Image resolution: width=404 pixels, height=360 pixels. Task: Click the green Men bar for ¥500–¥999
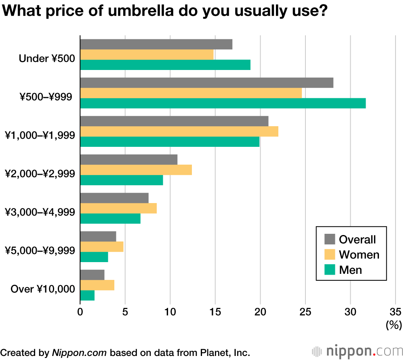point(223,103)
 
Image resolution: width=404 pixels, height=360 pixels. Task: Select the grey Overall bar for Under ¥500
point(156,44)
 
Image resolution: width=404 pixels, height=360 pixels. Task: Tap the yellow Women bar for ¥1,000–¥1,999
point(179,131)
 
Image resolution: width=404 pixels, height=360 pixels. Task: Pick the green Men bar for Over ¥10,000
point(87,296)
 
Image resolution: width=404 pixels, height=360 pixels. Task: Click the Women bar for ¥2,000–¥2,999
point(136,170)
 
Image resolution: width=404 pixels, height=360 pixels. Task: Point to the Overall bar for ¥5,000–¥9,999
point(98,236)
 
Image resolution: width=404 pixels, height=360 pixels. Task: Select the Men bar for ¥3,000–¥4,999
point(110,218)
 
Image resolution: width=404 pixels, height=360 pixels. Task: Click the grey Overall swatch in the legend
point(330,239)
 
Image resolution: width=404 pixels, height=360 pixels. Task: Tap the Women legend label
point(359,254)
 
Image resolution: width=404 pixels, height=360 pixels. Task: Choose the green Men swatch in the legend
point(330,269)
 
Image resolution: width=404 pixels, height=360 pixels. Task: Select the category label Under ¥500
point(46,59)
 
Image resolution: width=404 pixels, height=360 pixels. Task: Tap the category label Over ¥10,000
point(42,289)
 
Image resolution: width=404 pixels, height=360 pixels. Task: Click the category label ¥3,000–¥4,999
point(40,212)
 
